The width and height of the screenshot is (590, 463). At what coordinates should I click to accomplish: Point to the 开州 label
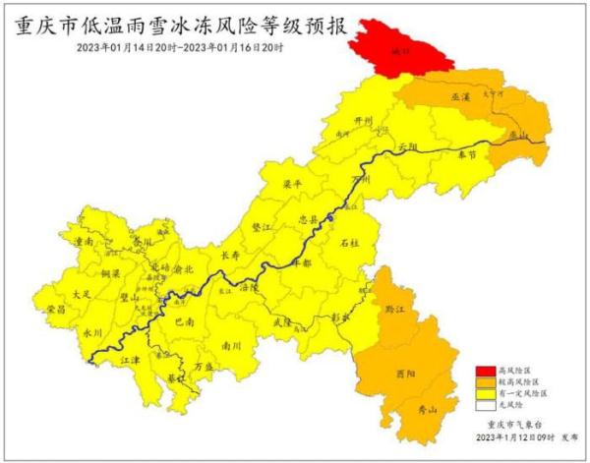pos(364,123)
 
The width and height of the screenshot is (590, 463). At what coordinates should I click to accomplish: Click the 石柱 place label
pos(349,242)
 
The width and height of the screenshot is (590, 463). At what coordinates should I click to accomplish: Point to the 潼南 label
pos(84,239)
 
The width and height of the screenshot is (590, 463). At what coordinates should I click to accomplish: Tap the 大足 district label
pos(83,293)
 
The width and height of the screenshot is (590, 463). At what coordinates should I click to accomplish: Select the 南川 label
pos(231,345)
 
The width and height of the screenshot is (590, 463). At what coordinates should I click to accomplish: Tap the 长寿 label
pos(230,255)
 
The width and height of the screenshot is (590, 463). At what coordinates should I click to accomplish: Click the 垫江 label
pos(261,225)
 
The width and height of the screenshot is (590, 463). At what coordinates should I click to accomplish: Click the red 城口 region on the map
pos(395,47)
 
